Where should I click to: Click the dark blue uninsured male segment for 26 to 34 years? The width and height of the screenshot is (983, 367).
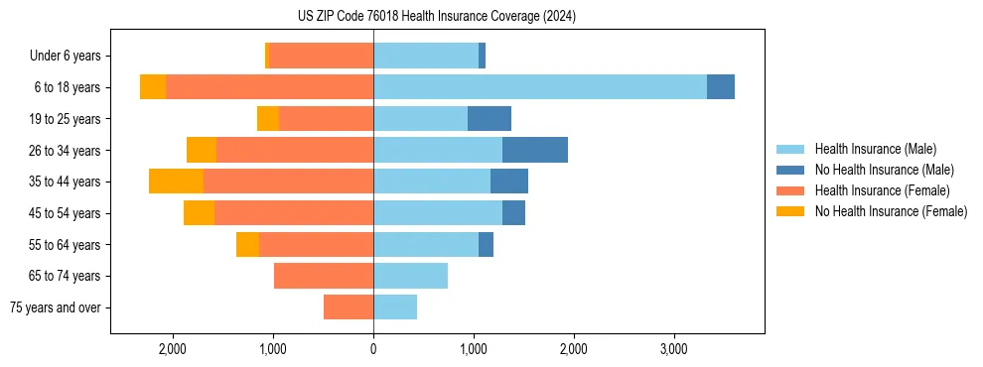pyautogui.click(x=535, y=150)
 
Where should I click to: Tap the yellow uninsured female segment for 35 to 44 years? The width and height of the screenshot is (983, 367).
pyautogui.click(x=176, y=182)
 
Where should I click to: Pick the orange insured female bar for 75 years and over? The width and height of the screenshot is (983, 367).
pyautogui.click(x=349, y=307)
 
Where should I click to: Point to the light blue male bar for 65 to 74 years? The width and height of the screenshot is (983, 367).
pyautogui.click(x=410, y=276)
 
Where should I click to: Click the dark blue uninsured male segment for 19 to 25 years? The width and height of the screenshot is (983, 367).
pyautogui.click(x=490, y=119)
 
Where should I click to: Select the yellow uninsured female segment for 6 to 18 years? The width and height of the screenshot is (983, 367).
pyautogui.click(x=153, y=87)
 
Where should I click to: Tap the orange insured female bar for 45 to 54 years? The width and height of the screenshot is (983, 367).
pyautogui.click(x=294, y=213)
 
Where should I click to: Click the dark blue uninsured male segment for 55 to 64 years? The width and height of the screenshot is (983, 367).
pyautogui.click(x=486, y=245)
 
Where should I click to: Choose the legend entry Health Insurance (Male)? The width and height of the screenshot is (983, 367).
pyautogui.click(x=875, y=149)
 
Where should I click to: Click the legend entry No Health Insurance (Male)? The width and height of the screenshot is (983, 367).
pyautogui.click(x=884, y=170)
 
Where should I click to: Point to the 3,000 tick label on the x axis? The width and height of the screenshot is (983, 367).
pyautogui.click(x=674, y=349)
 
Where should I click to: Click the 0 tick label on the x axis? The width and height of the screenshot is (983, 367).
pyautogui.click(x=373, y=349)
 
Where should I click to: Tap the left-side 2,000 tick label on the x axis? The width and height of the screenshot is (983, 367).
pyautogui.click(x=172, y=349)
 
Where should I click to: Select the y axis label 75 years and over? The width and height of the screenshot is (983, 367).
pyautogui.click(x=56, y=307)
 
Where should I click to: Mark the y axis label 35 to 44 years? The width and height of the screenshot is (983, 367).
pyautogui.click(x=65, y=182)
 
